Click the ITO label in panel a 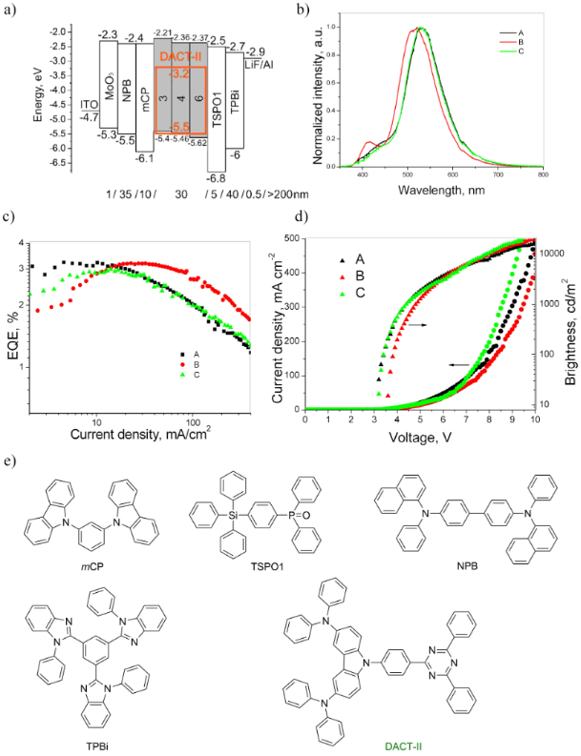click(87, 102)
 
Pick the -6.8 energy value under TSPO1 click(217, 177)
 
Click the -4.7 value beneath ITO click(88, 118)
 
